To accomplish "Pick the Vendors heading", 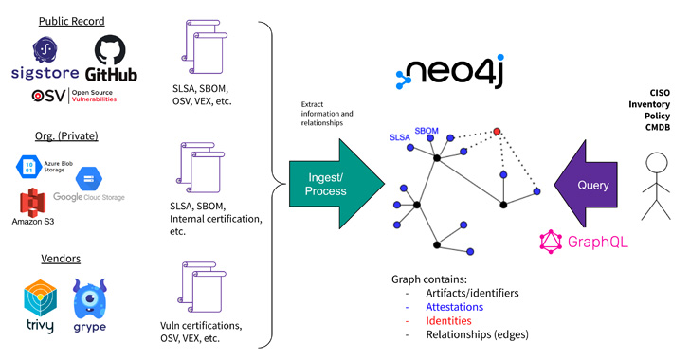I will pyautogui.click(x=61, y=258).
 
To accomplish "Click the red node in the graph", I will pyautogui.click(x=497, y=131).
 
